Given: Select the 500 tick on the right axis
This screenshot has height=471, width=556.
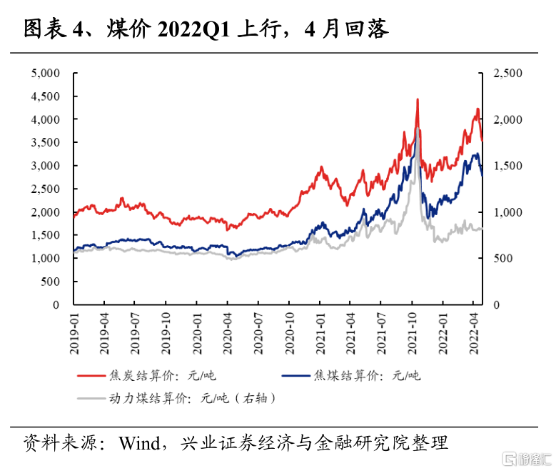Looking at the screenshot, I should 502,259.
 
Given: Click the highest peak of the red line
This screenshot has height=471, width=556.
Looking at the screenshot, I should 418,99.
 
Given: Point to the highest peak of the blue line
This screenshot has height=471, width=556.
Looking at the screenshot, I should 417,129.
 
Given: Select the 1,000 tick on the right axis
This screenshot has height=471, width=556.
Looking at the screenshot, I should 507,212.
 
